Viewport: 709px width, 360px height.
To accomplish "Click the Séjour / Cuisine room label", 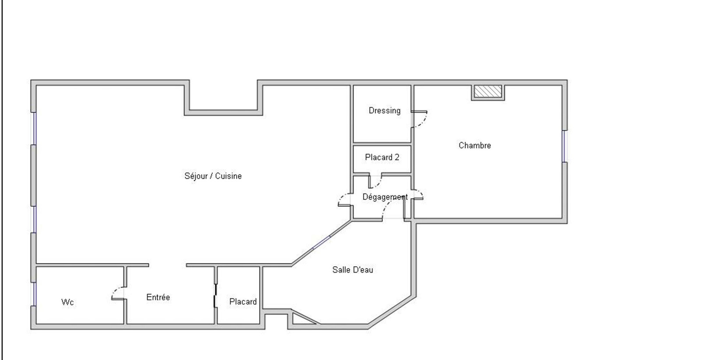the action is pyautogui.click(x=213, y=176).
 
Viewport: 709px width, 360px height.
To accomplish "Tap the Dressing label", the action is pyautogui.click(x=385, y=111).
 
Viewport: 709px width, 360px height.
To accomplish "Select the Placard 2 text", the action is pyautogui.click(x=382, y=157).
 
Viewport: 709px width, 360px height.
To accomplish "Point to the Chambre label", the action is pyautogui.click(x=475, y=146).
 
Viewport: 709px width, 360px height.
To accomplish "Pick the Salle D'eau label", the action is pyautogui.click(x=353, y=270).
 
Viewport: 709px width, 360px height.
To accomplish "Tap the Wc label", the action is pyautogui.click(x=67, y=302).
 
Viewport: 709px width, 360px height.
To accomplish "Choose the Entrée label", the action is pyautogui.click(x=158, y=297).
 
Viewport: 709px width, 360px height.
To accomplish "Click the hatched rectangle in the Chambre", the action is pyautogui.click(x=488, y=92).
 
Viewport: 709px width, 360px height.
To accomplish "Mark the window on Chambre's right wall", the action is pyautogui.click(x=565, y=146).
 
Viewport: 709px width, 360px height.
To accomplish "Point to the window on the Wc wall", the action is pyautogui.click(x=33, y=294).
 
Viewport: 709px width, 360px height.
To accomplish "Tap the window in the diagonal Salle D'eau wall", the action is pyautogui.click(x=322, y=243).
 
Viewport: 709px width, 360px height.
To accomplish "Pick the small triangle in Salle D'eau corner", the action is pyautogui.click(x=302, y=318).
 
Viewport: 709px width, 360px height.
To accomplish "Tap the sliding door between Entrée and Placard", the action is pyautogui.click(x=216, y=296).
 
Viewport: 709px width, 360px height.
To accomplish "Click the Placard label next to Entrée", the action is pyautogui.click(x=243, y=302).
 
